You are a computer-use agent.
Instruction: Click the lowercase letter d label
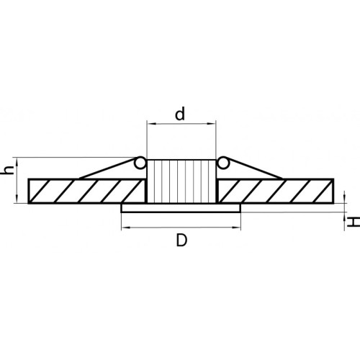180,114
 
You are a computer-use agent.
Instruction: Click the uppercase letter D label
181,240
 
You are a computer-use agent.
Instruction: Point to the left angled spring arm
107,168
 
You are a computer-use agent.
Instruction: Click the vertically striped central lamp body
181,181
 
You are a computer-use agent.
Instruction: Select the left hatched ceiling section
87,191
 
